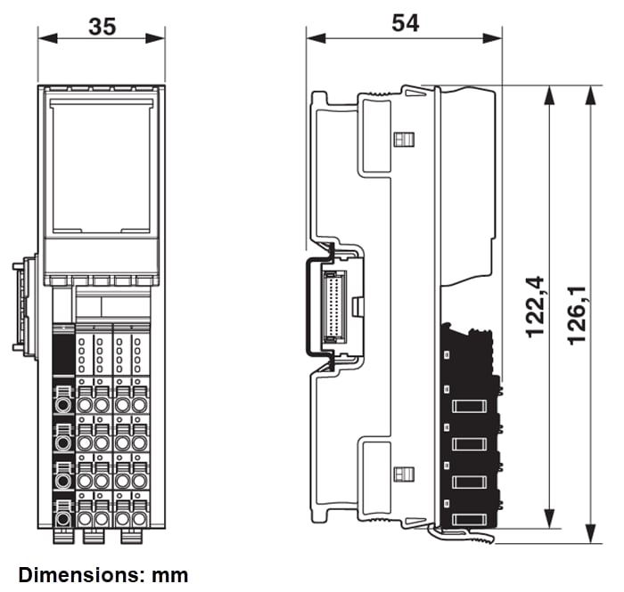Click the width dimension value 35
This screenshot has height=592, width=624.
click(103, 27)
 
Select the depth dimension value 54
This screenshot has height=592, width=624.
click(405, 23)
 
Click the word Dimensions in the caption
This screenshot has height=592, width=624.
click(75, 575)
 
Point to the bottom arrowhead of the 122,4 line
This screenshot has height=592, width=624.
click(548, 524)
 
